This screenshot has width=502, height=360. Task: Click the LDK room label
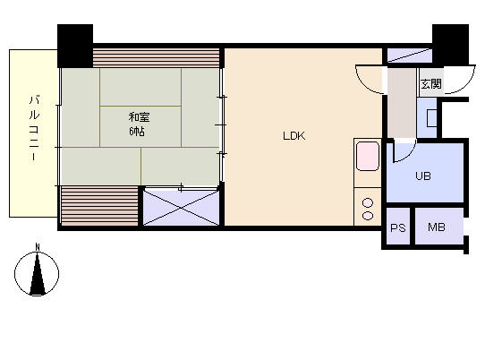click(294, 136)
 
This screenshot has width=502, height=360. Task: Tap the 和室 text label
click(139, 117)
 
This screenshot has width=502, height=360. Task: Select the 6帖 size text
click(137, 132)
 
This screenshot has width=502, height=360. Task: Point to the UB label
click(423, 176)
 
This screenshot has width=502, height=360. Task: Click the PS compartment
click(398, 227)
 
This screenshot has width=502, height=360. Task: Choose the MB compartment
click(439, 227)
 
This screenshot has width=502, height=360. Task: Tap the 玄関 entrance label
click(431, 84)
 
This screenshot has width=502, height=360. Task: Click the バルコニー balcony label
click(34, 128)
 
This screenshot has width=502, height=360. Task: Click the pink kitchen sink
click(368, 157)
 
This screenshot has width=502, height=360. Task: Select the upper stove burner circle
click(368, 202)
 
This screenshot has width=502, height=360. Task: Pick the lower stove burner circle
click(368, 216)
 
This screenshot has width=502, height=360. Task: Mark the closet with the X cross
click(181, 208)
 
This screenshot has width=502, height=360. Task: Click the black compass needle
click(38, 274)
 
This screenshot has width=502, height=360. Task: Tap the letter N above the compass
click(38, 247)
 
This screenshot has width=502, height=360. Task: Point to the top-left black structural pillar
click(75, 46)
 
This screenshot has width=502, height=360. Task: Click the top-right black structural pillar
click(450, 44)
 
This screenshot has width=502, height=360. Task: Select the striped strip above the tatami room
click(156, 57)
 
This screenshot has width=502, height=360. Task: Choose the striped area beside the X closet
click(99, 206)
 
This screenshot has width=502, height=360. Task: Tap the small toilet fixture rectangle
click(432, 118)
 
